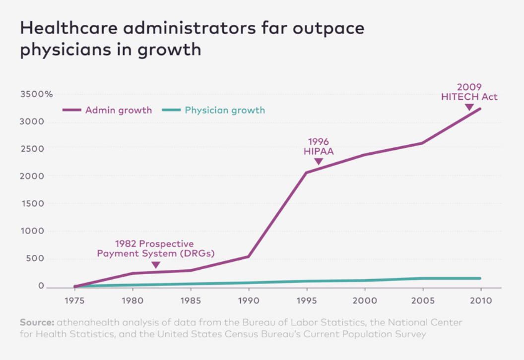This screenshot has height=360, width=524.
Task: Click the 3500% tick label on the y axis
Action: click(x=36, y=94)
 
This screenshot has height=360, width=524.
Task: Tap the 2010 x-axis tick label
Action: click(x=481, y=301)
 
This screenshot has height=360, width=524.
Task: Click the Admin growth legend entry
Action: click(x=118, y=110)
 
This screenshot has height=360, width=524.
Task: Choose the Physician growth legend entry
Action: click(x=225, y=110)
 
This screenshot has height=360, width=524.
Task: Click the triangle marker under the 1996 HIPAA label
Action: click(x=319, y=162)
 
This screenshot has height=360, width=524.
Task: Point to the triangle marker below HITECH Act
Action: click(x=469, y=107)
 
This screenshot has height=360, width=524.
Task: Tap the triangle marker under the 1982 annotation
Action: click(x=156, y=265)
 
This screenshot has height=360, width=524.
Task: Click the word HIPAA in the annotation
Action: click(x=319, y=152)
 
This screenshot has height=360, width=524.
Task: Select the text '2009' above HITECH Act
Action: click(x=469, y=88)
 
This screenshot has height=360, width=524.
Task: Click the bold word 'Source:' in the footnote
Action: click(x=37, y=322)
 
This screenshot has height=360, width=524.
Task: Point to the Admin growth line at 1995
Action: click(x=306, y=173)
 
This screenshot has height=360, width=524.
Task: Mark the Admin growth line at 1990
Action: click(x=248, y=256)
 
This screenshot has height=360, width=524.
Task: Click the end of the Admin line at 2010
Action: click(x=480, y=109)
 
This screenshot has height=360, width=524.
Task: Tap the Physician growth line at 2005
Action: click(x=422, y=279)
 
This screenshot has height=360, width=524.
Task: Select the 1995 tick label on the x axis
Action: click(x=306, y=301)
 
